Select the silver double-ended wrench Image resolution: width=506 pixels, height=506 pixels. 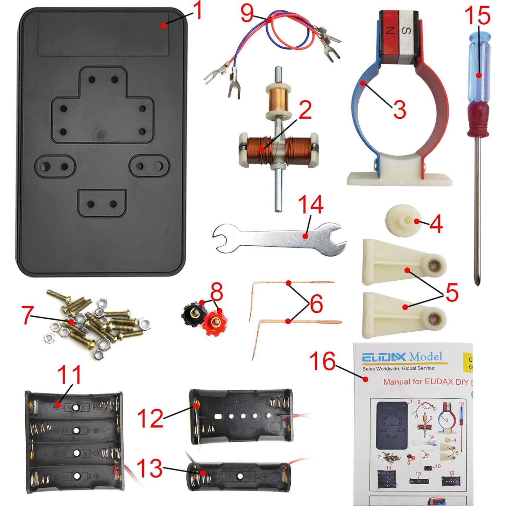pyautogui.click(x=279, y=238)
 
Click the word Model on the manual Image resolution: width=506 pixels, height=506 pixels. pyautogui.click(x=426, y=357)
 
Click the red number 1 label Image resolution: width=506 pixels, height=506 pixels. pyautogui.click(x=196, y=11)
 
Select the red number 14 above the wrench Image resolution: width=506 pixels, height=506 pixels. pyautogui.click(x=310, y=204)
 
